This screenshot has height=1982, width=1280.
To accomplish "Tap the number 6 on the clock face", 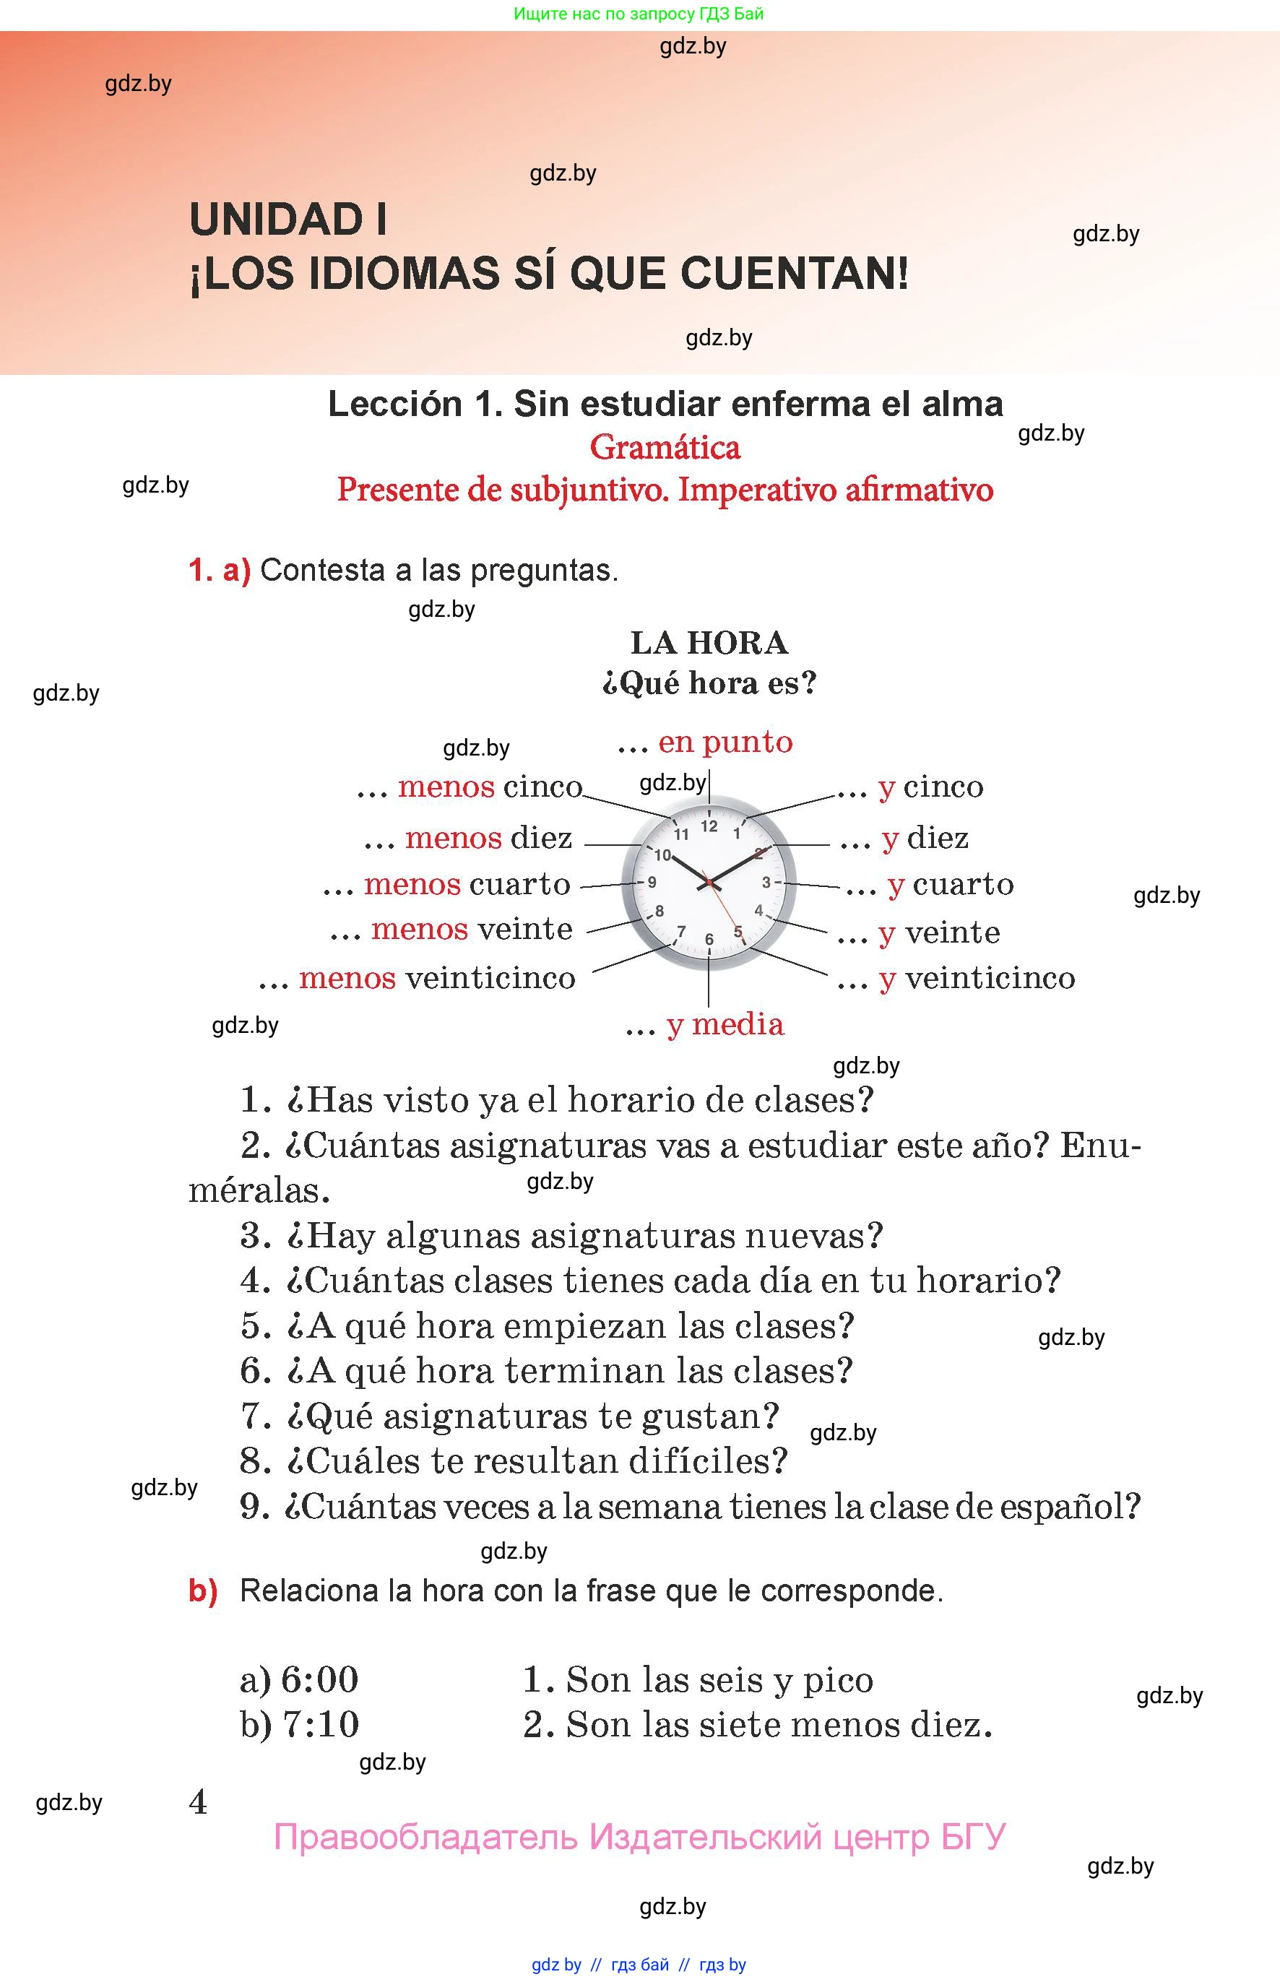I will point(709,939).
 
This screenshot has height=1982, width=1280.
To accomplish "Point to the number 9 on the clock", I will point(652,883).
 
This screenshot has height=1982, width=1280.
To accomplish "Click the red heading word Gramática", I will point(665,448).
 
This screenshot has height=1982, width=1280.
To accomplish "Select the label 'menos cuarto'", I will point(467,883).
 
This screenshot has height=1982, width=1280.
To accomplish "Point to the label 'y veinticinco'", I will point(977,978).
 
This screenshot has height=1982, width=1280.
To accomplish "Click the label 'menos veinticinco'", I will point(436,978).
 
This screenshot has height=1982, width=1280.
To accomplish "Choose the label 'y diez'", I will point(925,838).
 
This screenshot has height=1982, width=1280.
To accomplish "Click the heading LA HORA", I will point(709,642).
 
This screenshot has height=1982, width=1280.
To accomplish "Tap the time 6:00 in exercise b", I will point(319,1679).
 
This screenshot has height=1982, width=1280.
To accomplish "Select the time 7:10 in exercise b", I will point(321,1724).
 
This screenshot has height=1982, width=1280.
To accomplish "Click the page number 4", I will point(198,1801).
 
